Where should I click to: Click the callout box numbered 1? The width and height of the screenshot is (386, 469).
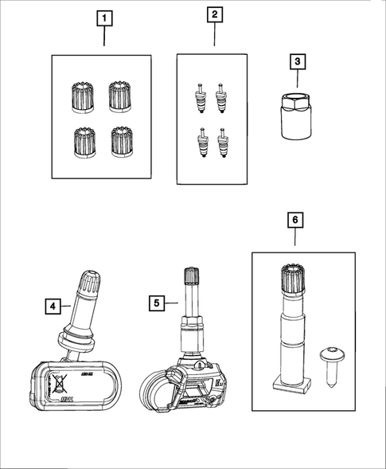[x=102, y=17]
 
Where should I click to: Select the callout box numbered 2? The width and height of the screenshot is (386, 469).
[x=214, y=14]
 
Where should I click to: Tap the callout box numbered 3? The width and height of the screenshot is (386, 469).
[x=296, y=61]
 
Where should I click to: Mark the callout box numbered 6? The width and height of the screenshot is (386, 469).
[x=295, y=217]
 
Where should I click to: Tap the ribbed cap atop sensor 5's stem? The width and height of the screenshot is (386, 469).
[x=192, y=278]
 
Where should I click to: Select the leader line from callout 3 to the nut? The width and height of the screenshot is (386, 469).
[x=296, y=81]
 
